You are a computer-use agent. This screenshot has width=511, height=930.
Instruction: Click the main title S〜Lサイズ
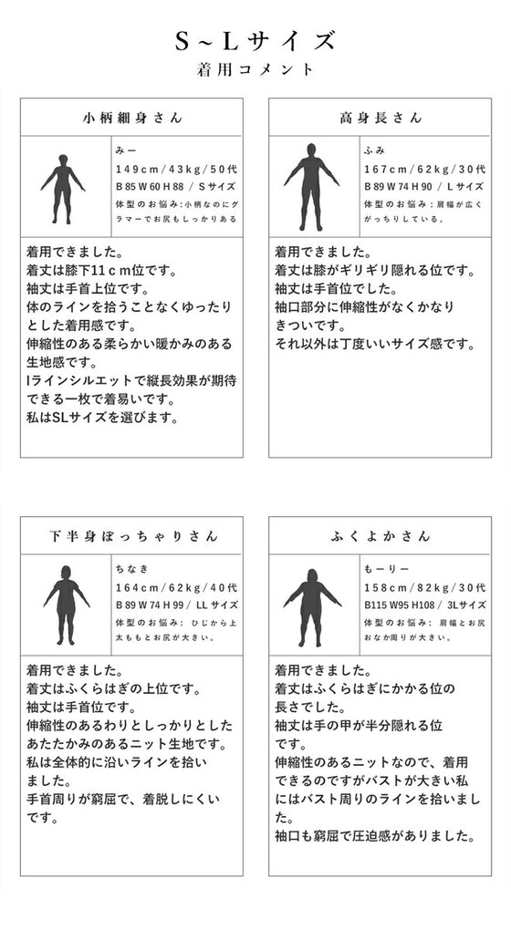255,41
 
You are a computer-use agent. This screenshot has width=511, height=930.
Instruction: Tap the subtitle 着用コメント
255,69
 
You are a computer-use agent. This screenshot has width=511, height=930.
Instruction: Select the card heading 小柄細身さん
132,118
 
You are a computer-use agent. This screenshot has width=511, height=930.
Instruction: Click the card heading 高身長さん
381,118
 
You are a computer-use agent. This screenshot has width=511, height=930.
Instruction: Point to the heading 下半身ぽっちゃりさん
132,536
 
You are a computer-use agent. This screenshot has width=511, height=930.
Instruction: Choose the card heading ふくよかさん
381,536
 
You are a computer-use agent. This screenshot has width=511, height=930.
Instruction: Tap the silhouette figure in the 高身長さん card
311,187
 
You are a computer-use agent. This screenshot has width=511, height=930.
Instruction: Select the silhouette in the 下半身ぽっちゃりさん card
66,606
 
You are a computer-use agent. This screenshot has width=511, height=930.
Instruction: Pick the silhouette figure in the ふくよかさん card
312,606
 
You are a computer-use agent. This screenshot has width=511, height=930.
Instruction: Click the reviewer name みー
125,149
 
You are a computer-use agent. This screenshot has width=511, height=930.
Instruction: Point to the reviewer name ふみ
374,149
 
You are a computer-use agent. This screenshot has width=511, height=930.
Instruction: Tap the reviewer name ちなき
131,567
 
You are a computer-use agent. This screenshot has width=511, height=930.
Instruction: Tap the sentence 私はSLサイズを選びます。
101,418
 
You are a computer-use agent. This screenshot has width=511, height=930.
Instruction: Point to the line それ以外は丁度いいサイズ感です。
375,344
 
